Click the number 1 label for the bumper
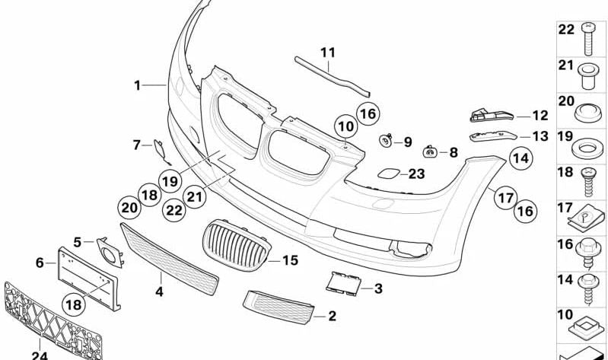coord(138,85)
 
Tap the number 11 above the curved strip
coord(328,53)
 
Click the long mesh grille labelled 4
coord(170,259)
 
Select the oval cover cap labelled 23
coord(384,174)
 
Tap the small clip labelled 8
coord(429,152)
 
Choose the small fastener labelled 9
coord(387,141)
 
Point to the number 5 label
coord(78,242)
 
